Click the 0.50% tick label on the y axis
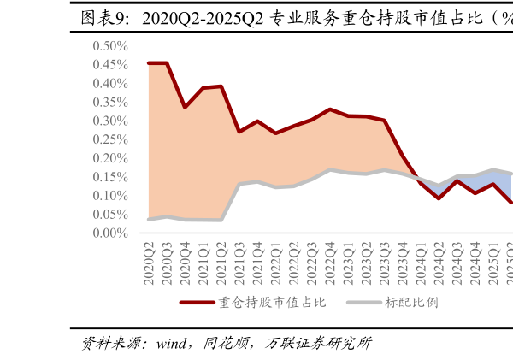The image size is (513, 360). [110, 46]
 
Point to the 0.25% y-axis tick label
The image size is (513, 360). [110, 139]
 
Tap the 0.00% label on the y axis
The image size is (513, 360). [110, 233]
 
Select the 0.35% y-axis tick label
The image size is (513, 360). [110, 102]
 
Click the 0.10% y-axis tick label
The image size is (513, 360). [110, 196]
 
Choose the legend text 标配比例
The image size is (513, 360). [411, 303]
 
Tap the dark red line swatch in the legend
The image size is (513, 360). [197, 303]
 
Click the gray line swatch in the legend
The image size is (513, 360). [363, 303]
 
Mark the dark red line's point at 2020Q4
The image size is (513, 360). [185, 107]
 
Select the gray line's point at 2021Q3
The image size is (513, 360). [239, 184]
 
